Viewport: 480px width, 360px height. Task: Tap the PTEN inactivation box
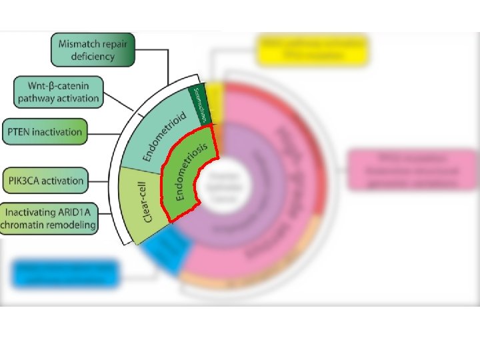click(x=45, y=131)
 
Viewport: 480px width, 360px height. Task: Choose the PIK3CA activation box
click(x=46, y=180)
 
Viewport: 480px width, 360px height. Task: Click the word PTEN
click(x=21, y=131)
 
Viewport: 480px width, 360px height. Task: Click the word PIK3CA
click(x=27, y=180)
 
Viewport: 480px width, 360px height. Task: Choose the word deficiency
click(x=93, y=56)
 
